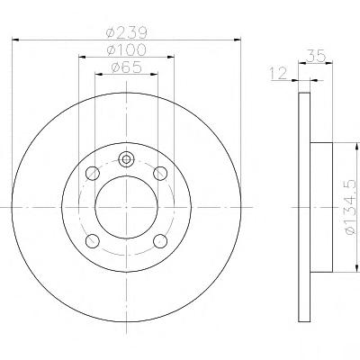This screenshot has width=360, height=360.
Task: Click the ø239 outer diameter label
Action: pos(127,32)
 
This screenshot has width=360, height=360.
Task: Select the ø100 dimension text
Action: pos(127,49)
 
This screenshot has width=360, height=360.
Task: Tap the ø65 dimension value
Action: pos(126,67)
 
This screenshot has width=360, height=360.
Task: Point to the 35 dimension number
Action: pos(316,56)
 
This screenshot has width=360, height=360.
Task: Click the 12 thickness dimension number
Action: pos(278,74)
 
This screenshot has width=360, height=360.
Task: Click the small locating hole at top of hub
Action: pos(126,159)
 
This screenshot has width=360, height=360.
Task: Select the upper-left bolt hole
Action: pos(93,174)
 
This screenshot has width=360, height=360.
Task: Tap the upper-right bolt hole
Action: pos(160,174)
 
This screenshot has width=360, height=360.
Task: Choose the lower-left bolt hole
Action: pos(93,240)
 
